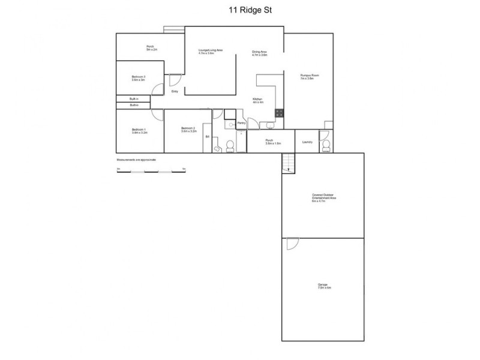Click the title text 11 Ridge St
coord(241,10)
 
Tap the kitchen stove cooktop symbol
coord(279,112)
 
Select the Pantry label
coord(241,123)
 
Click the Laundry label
coord(308,142)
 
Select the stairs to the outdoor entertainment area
coord(289,163)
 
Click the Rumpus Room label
coord(309,76)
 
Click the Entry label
coord(175,91)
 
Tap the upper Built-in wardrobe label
coord(134,98)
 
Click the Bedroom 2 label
coord(189,128)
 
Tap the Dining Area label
coord(259,52)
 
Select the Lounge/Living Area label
coord(211,50)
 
